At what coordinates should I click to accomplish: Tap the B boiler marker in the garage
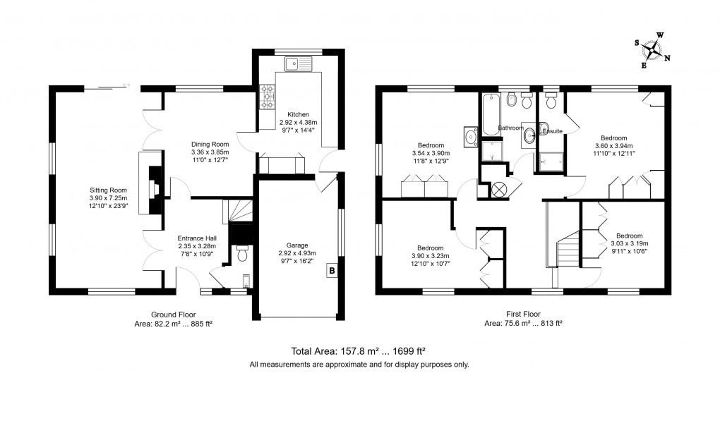click(x=332, y=271)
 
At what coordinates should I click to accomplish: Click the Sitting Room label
click(x=108, y=190)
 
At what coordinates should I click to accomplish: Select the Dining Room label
click(x=210, y=144)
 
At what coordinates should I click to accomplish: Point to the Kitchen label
click(x=298, y=114)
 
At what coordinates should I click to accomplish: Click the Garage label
click(x=297, y=245)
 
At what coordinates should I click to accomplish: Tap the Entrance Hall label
click(x=197, y=238)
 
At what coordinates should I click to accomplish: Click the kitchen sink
click(x=298, y=63)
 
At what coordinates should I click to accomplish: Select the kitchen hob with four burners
click(x=268, y=97)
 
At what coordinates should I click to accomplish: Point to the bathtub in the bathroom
click(x=491, y=114)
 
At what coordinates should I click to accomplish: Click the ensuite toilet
click(x=550, y=100)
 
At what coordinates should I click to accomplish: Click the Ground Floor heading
click(x=174, y=315)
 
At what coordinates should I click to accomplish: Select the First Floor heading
click(x=523, y=314)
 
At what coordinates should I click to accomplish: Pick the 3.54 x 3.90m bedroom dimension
click(x=431, y=153)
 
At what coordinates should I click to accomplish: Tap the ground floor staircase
click(x=238, y=212)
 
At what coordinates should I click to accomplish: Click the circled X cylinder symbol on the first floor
click(x=499, y=190)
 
